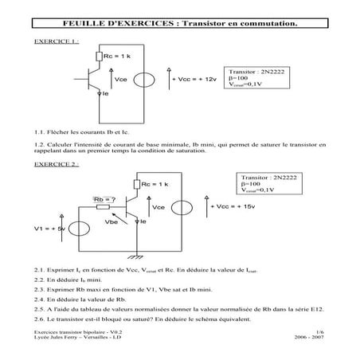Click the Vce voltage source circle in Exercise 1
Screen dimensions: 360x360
[x=145, y=80]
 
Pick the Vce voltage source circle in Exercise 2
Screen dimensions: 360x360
[x=183, y=208]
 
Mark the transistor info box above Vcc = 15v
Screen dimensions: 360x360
[x=271, y=184]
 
